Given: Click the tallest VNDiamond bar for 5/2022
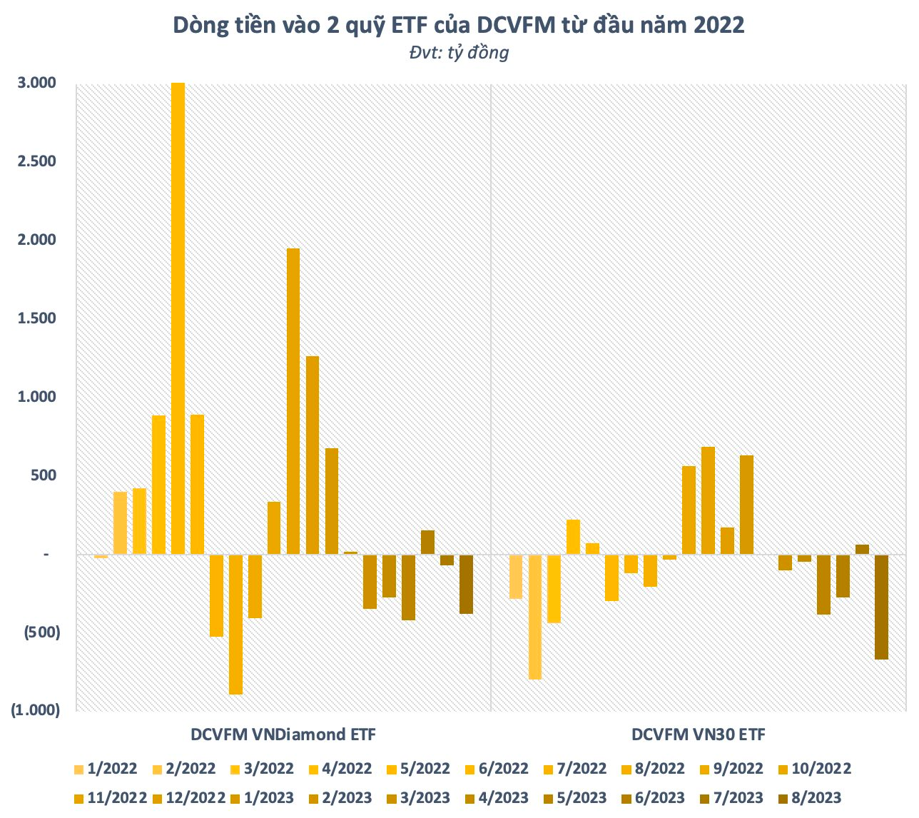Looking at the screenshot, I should click(x=178, y=318).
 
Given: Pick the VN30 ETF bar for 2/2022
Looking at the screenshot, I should click(x=535, y=617).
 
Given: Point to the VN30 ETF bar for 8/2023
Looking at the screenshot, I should click(x=881, y=607).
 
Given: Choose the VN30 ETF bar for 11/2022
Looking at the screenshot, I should click(x=708, y=500).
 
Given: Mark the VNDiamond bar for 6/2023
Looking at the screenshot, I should click(x=427, y=542).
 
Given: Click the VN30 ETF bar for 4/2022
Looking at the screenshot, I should click(x=573, y=537).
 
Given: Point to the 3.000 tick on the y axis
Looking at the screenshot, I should click(x=37, y=83).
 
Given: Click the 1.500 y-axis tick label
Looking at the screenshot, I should click(x=37, y=318).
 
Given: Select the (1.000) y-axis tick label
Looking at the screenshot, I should click(x=35, y=710).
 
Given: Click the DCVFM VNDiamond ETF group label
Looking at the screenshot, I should click(x=283, y=734).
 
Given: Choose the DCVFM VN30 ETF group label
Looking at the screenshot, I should click(x=698, y=734).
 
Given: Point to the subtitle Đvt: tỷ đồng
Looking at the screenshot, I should click(x=459, y=52).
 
